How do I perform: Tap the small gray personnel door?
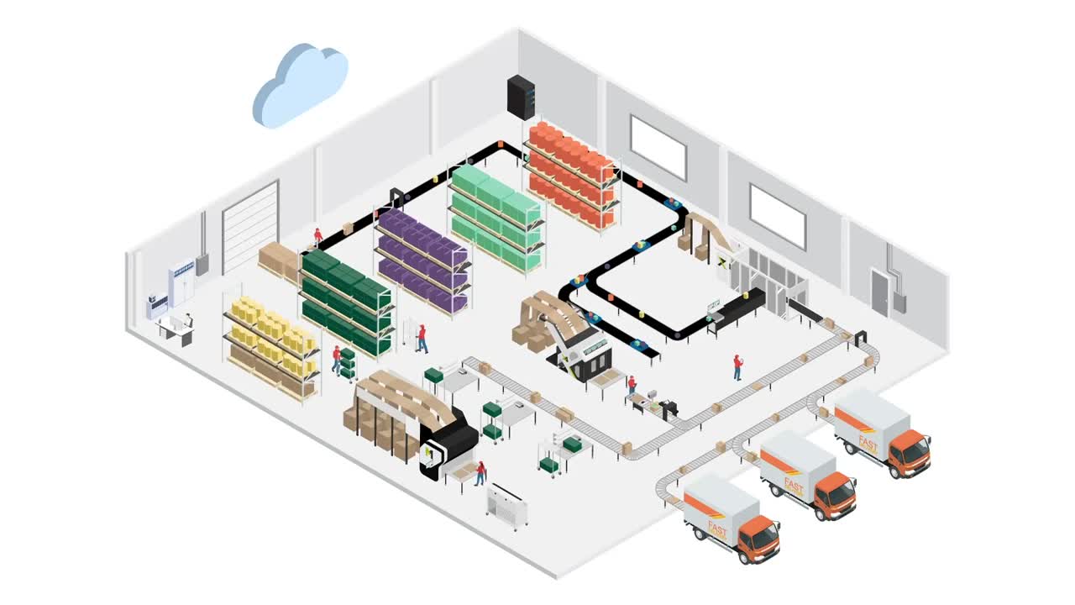point(879,292)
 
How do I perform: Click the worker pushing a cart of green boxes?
point(336,359)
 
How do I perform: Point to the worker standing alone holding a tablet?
point(737,366)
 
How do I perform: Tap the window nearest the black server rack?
point(658,147)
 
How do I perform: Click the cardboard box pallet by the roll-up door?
point(277,260)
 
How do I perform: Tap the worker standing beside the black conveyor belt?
point(317,236)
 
